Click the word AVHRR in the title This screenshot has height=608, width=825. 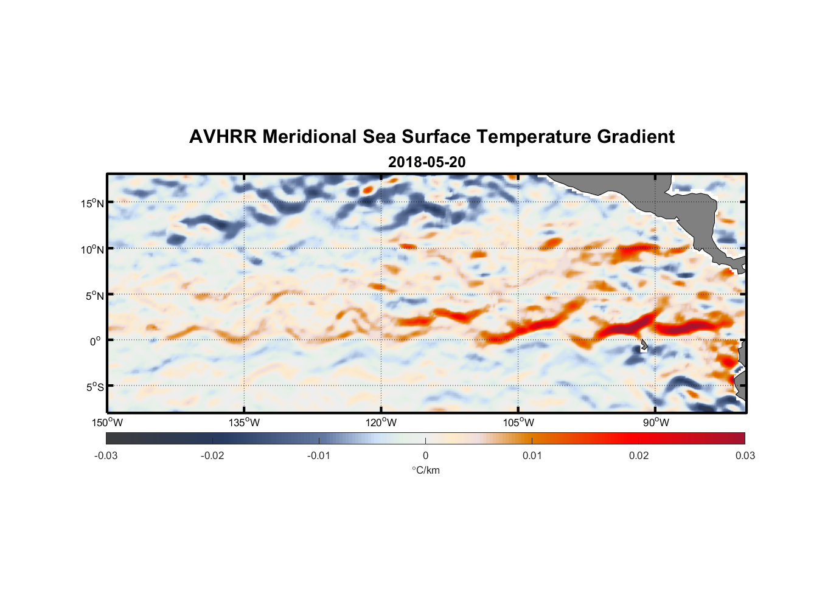click(x=223, y=137)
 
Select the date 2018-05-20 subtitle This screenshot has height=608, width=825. click(x=426, y=162)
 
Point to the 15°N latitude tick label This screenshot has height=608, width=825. click(x=92, y=203)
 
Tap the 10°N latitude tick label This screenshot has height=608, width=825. click(x=92, y=249)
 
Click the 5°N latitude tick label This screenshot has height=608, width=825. click(x=95, y=295)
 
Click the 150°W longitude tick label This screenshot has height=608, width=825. click(x=107, y=423)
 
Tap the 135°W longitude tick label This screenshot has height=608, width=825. click(x=244, y=423)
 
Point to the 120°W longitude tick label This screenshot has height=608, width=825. click(x=381, y=423)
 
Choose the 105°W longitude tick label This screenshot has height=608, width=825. click(x=518, y=423)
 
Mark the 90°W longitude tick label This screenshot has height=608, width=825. click(x=656, y=423)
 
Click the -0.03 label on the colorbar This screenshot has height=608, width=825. click(x=106, y=455)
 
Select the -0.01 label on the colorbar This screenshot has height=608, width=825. click(x=319, y=455)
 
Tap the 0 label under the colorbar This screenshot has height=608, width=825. click(x=425, y=455)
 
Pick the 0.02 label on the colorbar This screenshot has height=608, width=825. click(x=639, y=455)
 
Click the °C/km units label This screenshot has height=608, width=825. click(x=426, y=470)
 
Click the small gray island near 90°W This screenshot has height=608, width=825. click(x=644, y=345)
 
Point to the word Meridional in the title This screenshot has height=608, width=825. click(x=310, y=137)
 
